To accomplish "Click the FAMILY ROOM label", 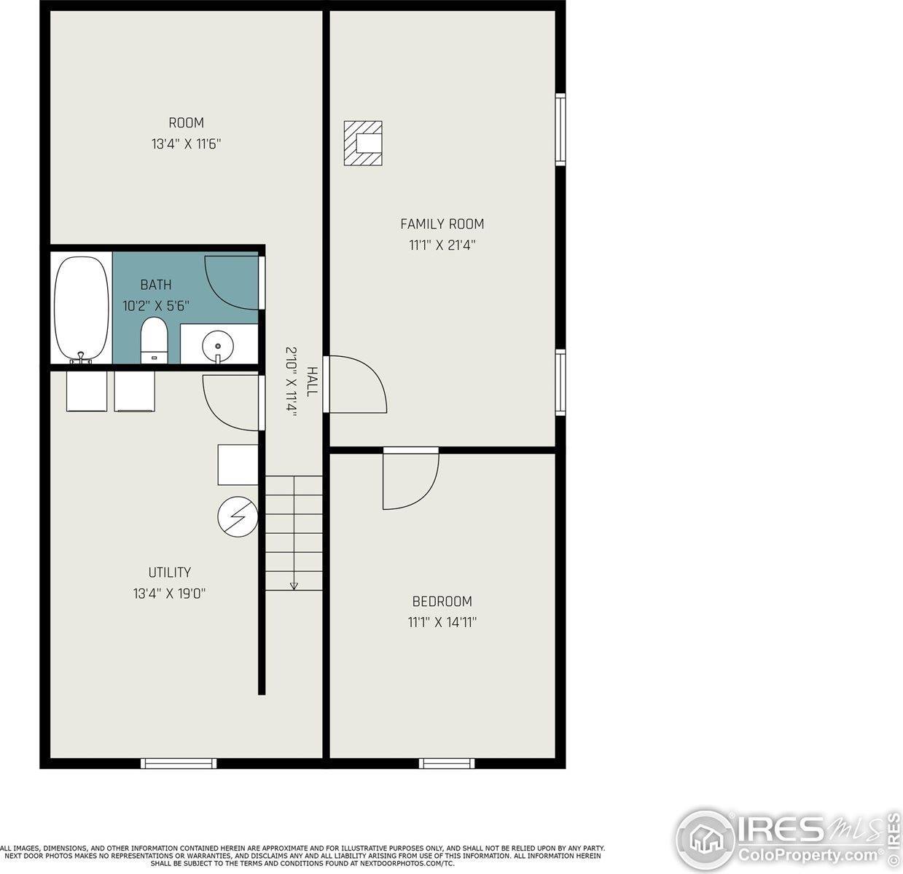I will click(442, 224).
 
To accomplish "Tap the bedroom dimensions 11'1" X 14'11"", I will click(442, 623).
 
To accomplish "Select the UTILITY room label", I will click(170, 572).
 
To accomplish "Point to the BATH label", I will click(156, 285).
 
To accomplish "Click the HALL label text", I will click(312, 382).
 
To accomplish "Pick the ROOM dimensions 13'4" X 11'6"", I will click(186, 144).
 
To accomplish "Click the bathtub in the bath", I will click(81, 308).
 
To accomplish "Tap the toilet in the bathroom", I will click(154, 339).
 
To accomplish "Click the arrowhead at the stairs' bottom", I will click(294, 585).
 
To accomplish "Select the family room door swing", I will click(356, 384).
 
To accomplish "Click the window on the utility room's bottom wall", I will click(179, 763).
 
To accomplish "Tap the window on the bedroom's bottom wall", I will click(447, 763).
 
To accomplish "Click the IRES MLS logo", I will click(787, 838).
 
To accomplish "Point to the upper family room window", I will click(560, 129).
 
